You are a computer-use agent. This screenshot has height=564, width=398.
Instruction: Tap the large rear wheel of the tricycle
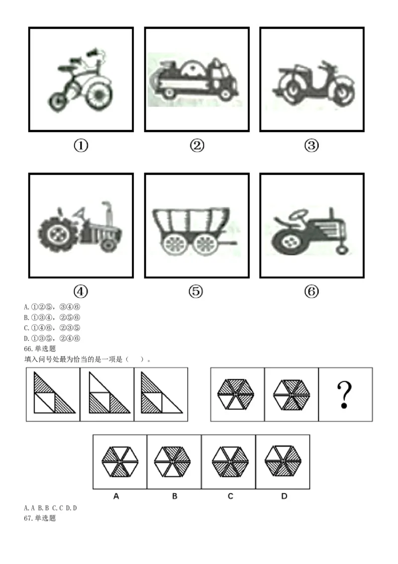pyautogui.click(x=97, y=94)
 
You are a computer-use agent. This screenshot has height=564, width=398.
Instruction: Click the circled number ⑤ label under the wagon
pyautogui.click(x=196, y=291)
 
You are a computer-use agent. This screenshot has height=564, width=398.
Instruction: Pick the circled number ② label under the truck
pyautogui.click(x=197, y=145)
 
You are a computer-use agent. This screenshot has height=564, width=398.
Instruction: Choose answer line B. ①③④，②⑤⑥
pyautogui.click(x=52, y=317)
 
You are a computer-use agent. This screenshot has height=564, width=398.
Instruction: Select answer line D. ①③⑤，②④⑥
pyautogui.click(x=52, y=338)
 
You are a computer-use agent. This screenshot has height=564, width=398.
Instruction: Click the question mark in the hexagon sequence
pyautogui.click(x=344, y=395)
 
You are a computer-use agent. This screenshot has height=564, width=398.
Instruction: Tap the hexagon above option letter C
pyautogui.click(x=230, y=461)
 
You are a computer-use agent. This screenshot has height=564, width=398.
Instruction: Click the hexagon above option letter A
pyautogui.click(x=119, y=461)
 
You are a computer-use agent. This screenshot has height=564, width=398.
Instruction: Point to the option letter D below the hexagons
pyautogui.click(x=284, y=496)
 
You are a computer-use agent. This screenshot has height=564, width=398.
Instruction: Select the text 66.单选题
pyautogui.click(x=40, y=349)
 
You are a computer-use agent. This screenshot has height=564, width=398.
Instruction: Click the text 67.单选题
pyautogui.click(x=40, y=518)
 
